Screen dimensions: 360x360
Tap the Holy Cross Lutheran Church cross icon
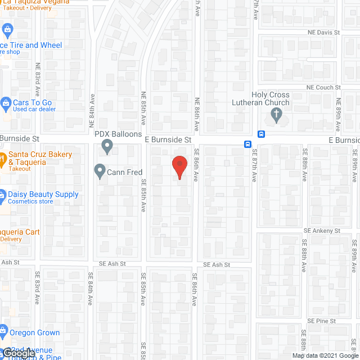tap(276, 116)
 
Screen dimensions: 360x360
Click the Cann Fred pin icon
tap(100, 170)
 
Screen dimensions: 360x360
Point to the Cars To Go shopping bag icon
tap(6, 103)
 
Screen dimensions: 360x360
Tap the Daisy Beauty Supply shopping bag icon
tap(3, 195)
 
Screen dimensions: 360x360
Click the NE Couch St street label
tap(323, 88)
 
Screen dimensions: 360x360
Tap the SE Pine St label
tap(321, 321)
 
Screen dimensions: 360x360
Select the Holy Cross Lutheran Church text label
tap(262, 99)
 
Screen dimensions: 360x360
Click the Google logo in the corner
tap(17, 353)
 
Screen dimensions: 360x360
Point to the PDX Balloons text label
tap(118, 134)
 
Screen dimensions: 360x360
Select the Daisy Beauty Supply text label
tap(43, 195)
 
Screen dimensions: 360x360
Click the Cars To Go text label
tap(32, 103)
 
